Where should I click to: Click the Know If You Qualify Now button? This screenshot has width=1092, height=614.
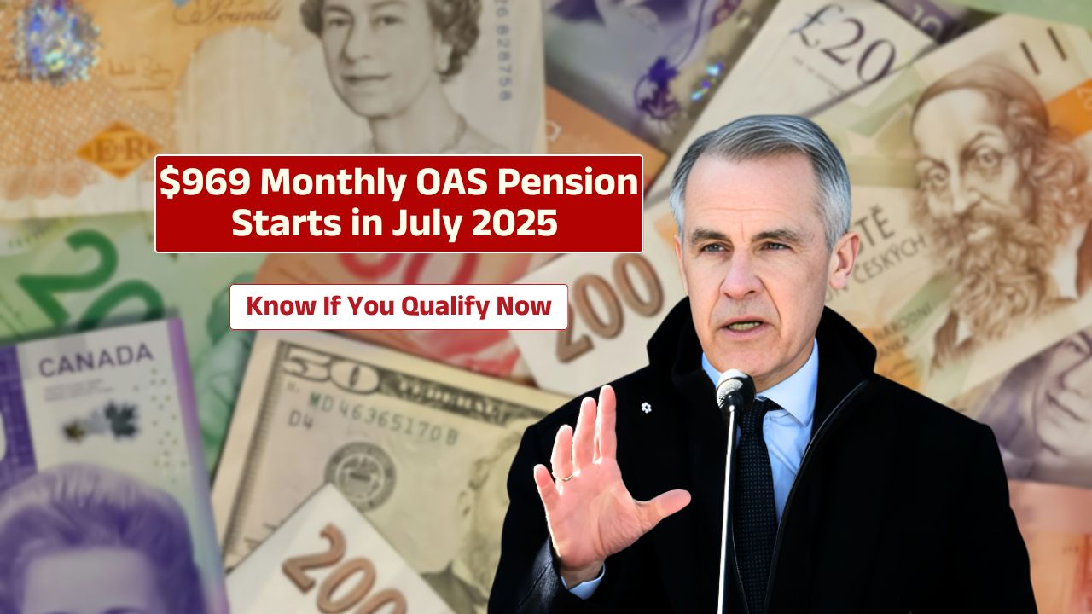398,306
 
